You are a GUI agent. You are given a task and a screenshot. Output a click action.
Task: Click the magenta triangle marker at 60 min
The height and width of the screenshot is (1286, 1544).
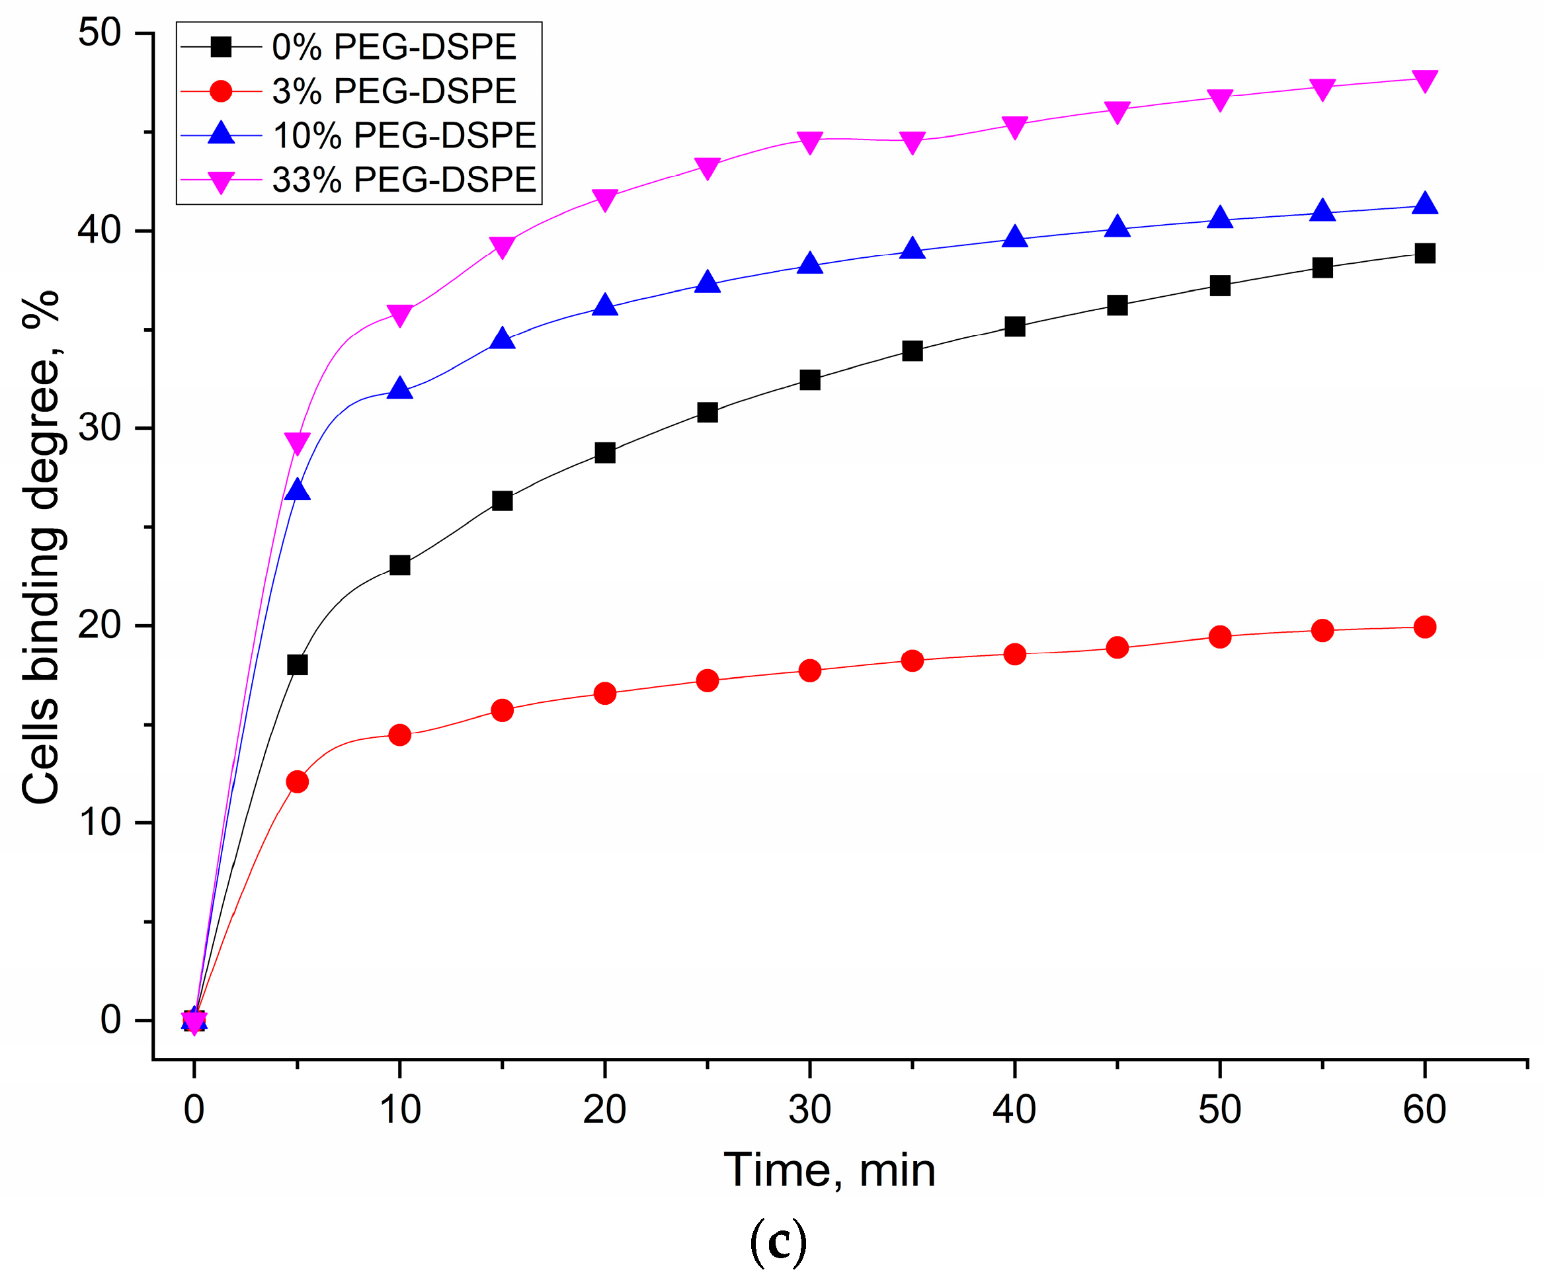coord(1424,80)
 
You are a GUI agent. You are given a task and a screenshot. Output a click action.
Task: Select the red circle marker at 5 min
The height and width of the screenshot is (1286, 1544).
coord(297,782)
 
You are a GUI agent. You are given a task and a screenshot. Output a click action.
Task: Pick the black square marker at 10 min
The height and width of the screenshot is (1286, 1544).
coord(399,565)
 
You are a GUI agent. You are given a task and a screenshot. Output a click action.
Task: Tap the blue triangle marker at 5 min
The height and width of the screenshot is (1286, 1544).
coord(297,490)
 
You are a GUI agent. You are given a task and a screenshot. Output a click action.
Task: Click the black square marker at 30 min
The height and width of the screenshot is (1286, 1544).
coord(809,380)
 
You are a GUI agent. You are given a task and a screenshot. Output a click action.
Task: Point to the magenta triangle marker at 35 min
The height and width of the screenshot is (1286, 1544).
coord(912,142)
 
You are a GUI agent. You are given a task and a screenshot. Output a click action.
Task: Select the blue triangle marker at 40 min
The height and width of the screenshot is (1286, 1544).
coord(1014,237)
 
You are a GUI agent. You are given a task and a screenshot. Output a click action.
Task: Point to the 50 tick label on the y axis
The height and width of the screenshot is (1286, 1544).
coord(99,33)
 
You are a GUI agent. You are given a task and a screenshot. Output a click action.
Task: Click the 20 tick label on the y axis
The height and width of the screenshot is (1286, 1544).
coord(99,625)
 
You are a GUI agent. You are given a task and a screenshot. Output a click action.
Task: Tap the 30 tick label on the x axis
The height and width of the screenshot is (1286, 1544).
coord(809,1109)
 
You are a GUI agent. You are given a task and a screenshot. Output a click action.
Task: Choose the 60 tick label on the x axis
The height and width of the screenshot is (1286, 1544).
coord(1424,1109)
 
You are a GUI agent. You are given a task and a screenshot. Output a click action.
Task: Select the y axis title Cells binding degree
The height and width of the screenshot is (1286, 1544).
coord(42,547)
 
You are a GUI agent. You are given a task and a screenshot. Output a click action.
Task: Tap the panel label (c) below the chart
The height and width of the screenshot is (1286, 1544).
coord(778,1242)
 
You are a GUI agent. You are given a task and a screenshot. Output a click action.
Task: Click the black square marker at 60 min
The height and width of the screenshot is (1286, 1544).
coord(1424,254)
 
